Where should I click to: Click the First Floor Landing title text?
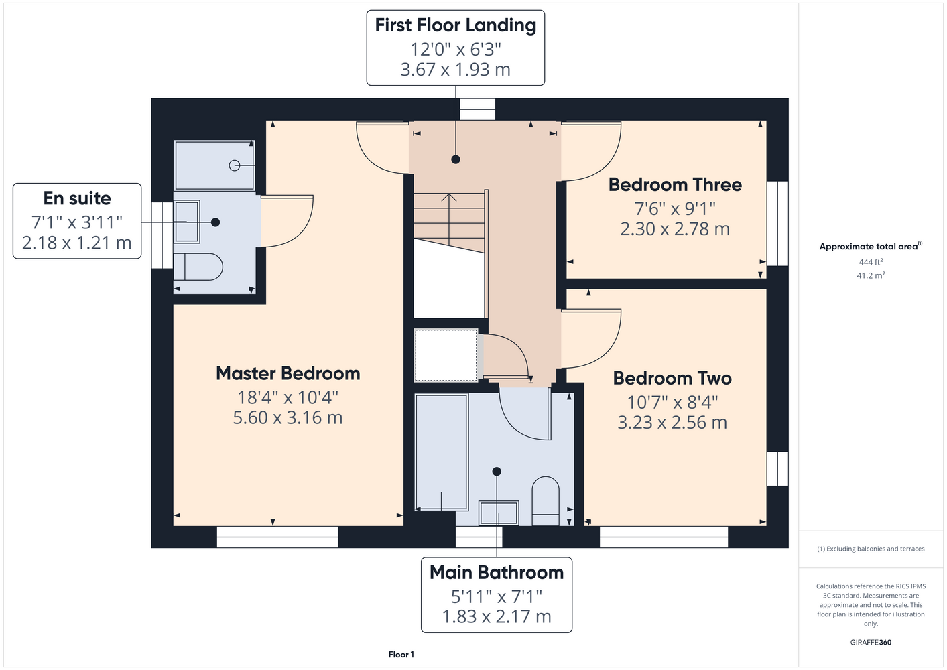(x=455, y=25)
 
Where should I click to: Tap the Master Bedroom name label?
(x=288, y=373)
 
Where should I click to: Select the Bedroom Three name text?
(x=675, y=185)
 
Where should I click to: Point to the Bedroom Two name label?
(x=672, y=378)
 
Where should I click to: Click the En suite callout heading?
(x=77, y=198)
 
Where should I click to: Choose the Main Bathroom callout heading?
(x=497, y=572)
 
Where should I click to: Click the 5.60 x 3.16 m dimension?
(x=288, y=417)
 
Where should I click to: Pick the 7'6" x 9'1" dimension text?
(x=675, y=208)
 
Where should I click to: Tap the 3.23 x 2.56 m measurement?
(x=672, y=422)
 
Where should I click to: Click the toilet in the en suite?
(x=198, y=267)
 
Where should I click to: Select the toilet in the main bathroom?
(x=546, y=501)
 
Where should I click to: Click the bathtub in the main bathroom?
(x=442, y=452)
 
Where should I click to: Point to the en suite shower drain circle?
(x=234, y=165)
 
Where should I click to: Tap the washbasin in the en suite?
(x=186, y=222)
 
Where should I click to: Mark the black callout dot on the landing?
(x=455, y=159)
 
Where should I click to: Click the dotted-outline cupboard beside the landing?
(x=446, y=355)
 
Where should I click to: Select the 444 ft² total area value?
(x=871, y=262)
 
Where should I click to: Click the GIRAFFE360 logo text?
(x=871, y=642)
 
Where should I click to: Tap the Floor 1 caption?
(x=401, y=655)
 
